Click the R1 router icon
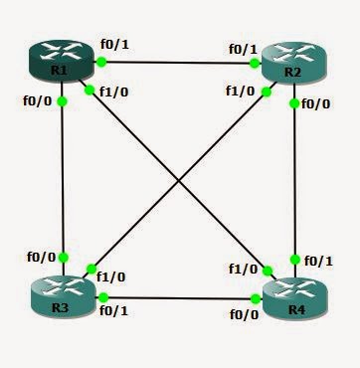click(x=58, y=62)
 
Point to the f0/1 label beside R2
click(x=243, y=49)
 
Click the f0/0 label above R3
click(x=41, y=256)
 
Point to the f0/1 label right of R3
click(x=112, y=309)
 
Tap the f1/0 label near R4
click(x=242, y=269)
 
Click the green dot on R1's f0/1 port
click(x=100, y=62)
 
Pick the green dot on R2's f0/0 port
click(x=295, y=100)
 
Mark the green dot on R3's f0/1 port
click(x=100, y=296)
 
